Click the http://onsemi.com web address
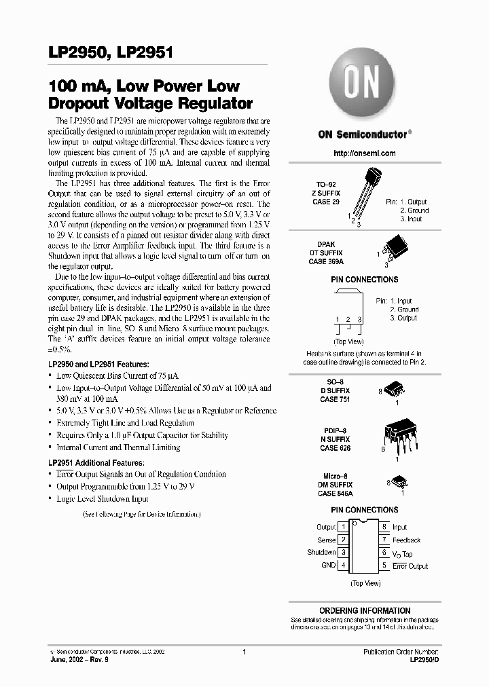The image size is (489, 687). click(x=365, y=153)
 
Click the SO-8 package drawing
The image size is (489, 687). click(x=396, y=388)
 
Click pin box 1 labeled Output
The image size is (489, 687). click(x=344, y=527)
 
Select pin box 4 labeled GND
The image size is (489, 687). click(x=344, y=565)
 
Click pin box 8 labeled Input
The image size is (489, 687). click(x=384, y=527)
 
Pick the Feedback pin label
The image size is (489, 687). click(x=406, y=540)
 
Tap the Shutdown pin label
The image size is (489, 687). click(x=321, y=553)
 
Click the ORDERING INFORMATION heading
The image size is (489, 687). click(x=365, y=610)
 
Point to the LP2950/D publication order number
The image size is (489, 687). click(x=419, y=659)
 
